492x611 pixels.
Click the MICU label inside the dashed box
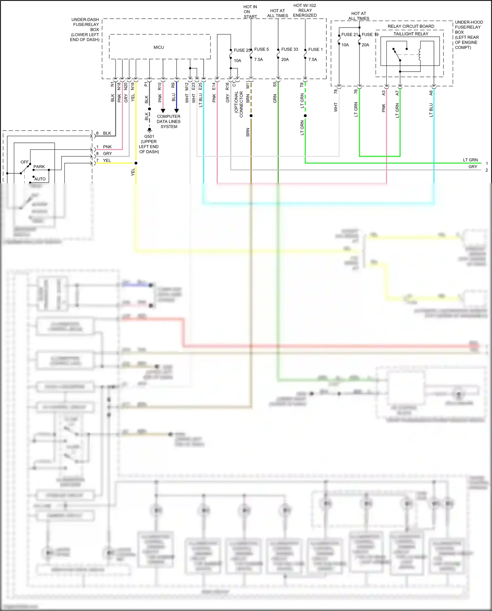[159, 47]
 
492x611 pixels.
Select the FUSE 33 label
[290, 49]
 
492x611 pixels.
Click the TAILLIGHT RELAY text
[411, 34]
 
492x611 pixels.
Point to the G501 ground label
[149, 137]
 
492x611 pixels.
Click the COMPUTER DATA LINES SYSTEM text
[169, 121]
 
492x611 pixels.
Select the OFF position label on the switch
[25, 162]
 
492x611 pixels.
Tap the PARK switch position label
[39, 167]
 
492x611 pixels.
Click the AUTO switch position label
[40, 179]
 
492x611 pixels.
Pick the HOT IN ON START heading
[250, 11]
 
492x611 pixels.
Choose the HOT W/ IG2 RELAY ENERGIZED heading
[305, 11]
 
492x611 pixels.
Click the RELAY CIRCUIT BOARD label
[411, 26]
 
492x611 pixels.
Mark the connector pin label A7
[398, 93]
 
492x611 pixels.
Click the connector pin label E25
[200, 86]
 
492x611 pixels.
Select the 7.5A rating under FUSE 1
[313, 59]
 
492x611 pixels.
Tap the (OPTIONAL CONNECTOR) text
[239, 103]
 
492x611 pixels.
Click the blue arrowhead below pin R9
[176, 111]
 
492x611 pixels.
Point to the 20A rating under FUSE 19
[365, 45]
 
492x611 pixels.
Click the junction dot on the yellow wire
[136, 163]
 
